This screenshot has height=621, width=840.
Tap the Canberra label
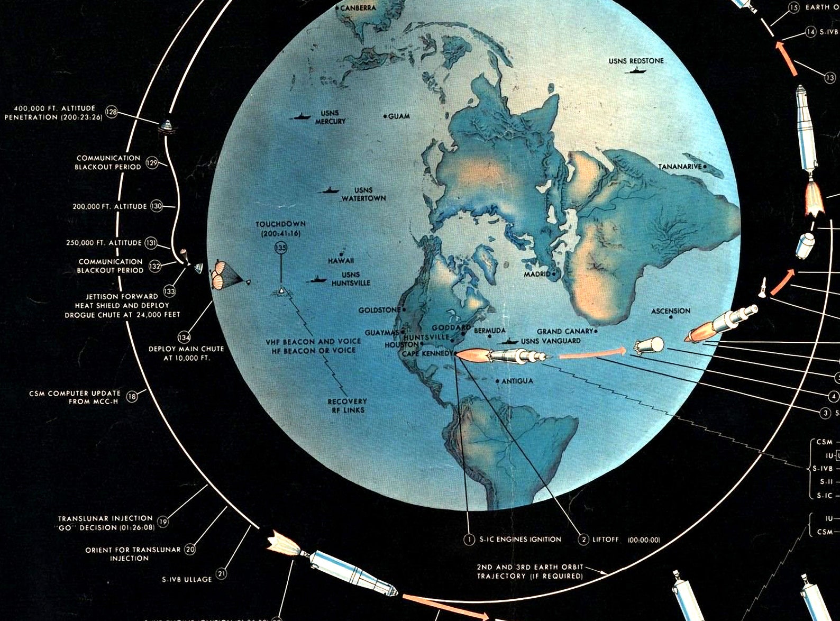(x=358, y=8)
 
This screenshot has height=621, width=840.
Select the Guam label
(x=399, y=116)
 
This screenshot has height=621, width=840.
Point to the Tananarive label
(x=680, y=167)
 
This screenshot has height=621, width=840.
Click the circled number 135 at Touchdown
(x=280, y=248)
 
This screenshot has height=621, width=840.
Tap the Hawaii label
(x=341, y=261)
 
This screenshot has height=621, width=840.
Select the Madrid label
(x=537, y=275)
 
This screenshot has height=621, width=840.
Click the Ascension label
(x=671, y=311)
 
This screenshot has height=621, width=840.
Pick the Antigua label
(x=517, y=381)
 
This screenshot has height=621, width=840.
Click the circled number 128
(x=111, y=112)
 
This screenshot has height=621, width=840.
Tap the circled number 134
(x=184, y=337)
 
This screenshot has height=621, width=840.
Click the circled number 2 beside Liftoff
(x=583, y=540)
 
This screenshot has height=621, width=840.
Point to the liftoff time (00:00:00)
(x=644, y=540)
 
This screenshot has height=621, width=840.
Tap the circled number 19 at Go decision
(x=163, y=523)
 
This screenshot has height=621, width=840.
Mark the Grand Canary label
(x=565, y=332)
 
